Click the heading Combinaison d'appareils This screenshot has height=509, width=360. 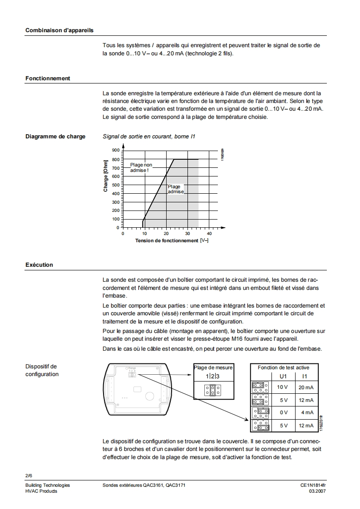[x=59, y=30]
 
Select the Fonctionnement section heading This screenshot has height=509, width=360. [x=48, y=78]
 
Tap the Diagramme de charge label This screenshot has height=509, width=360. [x=55, y=137]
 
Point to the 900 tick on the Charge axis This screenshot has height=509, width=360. [x=115, y=151]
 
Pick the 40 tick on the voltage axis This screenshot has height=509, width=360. [x=209, y=234]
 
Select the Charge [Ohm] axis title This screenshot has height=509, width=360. [x=105, y=176]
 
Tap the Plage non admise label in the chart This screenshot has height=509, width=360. [x=141, y=167]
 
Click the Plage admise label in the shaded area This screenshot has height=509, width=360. [x=176, y=189]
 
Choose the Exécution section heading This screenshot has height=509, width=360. [x=39, y=265]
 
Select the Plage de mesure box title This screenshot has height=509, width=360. [x=213, y=367]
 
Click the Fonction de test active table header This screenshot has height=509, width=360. [x=283, y=367]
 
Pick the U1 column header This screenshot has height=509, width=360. [x=283, y=376]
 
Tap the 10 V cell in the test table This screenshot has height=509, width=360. [x=283, y=387]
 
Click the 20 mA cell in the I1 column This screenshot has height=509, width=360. [x=306, y=387]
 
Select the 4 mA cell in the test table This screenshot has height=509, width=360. [x=307, y=413]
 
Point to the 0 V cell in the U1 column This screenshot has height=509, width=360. [x=284, y=413]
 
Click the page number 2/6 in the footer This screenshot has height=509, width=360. [x=29, y=475]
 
